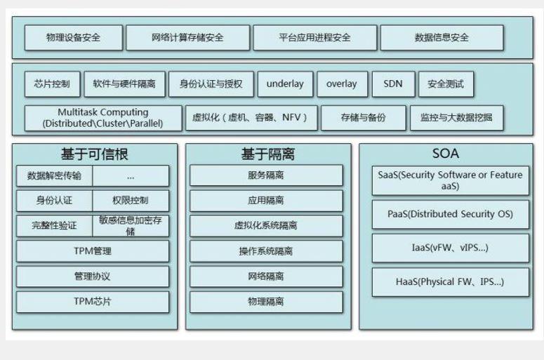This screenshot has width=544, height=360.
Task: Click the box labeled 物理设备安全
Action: point(73,37)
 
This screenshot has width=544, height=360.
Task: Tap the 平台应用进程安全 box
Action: point(314,37)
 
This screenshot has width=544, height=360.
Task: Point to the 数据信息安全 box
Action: point(442,37)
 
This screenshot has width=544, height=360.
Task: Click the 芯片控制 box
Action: point(52,84)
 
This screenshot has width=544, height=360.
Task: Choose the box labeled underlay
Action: point(285,84)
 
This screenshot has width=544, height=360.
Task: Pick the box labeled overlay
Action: point(341,84)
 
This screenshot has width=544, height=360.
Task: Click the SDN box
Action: point(393,84)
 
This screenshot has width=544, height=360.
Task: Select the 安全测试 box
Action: point(446,84)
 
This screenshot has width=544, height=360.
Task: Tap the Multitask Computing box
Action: point(102,118)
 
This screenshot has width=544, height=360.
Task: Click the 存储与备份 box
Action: point(363,118)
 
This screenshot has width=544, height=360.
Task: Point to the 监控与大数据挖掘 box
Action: point(456,118)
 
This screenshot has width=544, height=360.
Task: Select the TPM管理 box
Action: point(93,251)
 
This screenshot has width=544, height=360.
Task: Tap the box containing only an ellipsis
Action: point(131,176)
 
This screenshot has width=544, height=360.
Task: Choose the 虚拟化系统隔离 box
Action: point(266,226)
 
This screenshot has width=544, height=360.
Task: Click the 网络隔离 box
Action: point(266,276)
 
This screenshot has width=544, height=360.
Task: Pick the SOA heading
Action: point(446,154)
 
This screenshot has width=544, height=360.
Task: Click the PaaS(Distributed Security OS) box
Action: point(450,214)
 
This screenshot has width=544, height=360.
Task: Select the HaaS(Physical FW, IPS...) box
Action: point(450,282)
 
